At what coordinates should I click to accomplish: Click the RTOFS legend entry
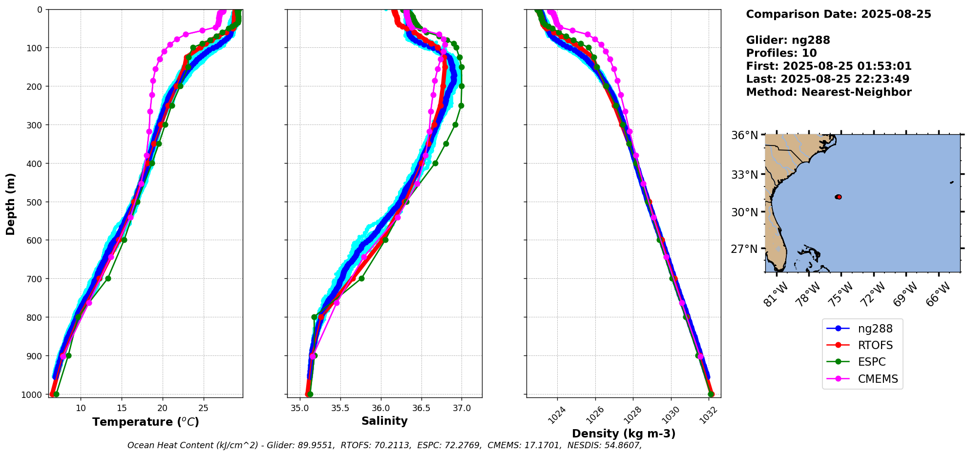[875, 346]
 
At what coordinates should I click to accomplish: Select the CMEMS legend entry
[878, 379]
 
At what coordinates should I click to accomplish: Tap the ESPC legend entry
[871, 362]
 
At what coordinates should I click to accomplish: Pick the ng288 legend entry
[875, 329]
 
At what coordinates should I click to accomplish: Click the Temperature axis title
[146, 422]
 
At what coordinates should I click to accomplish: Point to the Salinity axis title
[384, 421]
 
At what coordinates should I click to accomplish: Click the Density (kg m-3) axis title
[624, 434]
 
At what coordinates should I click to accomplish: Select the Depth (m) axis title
[11, 204]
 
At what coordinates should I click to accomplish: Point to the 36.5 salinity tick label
[421, 408]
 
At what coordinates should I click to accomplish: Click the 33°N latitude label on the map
[744, 174]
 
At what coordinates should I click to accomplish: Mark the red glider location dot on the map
[839, 197]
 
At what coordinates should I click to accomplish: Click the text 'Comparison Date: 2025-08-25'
[838, 14]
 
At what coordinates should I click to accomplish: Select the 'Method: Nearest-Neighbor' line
[828, 92]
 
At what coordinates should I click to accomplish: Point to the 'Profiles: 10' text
[781, 53]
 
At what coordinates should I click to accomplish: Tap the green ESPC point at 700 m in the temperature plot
[108, 278]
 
